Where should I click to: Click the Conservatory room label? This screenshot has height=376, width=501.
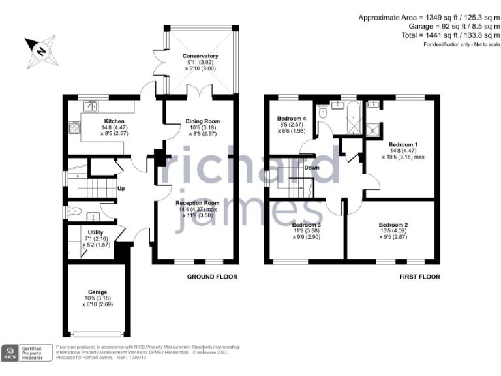tap(200, 57)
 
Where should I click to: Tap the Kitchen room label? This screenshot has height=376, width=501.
tap(102, 121)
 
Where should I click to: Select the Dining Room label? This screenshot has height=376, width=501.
tap(203, 121)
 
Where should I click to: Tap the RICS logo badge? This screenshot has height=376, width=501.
tap(11, 353)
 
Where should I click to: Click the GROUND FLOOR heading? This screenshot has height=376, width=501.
tap(212, 277)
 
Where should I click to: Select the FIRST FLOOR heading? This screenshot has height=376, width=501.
tap(419, 277)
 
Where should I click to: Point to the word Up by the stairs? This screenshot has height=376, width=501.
tap(121, 189)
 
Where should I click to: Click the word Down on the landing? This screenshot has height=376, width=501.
tap(312, 167)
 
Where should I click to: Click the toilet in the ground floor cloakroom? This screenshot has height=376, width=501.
tap(76, 211)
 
